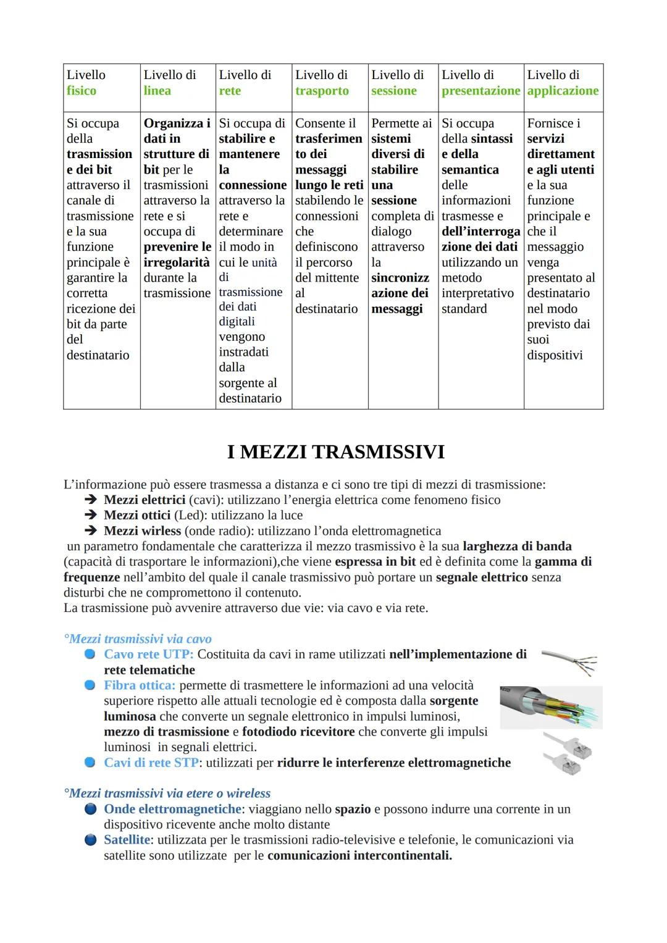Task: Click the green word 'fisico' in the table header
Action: (82, 91)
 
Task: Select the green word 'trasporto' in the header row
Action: (322, 91)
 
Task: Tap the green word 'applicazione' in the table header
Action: (563, 91)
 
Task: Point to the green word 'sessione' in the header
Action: (394, 91)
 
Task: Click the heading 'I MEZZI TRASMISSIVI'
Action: (335, 451)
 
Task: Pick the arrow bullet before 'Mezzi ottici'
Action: (91, 515)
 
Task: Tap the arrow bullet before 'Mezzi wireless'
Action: (91, 530)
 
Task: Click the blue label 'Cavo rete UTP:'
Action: (149, 654)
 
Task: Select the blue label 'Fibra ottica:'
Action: (140, 685)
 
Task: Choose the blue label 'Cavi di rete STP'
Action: (151, 763)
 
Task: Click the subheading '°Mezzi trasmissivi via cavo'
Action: (138, 639)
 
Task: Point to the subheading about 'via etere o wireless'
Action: (167, 793)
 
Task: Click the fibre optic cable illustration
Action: (550, 708)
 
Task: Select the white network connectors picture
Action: (567, 752)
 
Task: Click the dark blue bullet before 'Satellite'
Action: (91, 840)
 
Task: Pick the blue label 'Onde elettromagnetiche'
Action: (172, 809)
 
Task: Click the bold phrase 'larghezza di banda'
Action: (517, 546)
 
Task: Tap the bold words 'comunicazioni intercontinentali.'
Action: (359, 855)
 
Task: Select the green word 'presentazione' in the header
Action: (480, 91)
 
